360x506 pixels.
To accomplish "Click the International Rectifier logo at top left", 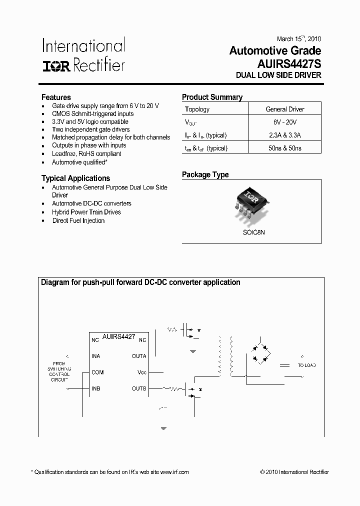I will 83,55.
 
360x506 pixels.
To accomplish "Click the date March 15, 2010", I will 299,38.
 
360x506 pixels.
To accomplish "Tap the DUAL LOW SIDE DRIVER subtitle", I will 278,75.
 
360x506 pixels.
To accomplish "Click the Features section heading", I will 56,97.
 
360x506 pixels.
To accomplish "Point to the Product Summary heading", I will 212,97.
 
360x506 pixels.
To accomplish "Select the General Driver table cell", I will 284,109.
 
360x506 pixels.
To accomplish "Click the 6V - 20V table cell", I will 284,122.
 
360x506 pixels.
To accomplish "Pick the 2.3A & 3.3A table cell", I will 284,135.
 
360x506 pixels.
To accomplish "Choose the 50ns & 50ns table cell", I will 284,148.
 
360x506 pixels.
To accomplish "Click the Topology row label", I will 197,109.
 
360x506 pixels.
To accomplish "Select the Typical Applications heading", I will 75,178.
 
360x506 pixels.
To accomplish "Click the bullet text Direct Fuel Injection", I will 78,220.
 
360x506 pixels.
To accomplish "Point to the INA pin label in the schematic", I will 95,356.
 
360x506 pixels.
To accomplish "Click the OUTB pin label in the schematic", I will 139,388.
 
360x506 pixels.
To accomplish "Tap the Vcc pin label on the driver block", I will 142,372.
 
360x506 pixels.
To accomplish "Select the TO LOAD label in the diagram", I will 307,365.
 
